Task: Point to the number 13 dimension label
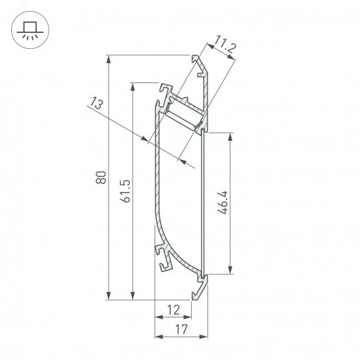coord(97,104)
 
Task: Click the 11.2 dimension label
coord(225,48)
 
